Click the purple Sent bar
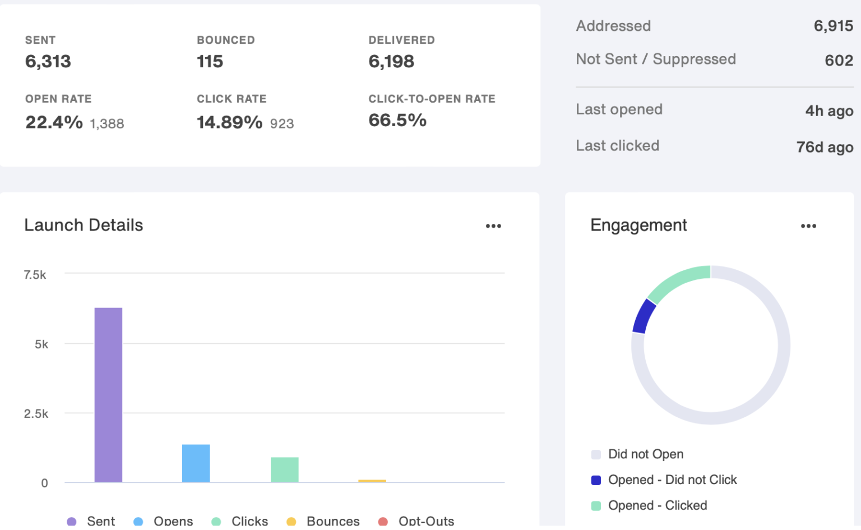108,395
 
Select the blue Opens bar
196,463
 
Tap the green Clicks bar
284,469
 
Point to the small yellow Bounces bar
372,481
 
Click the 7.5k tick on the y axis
35,275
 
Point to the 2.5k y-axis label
36,414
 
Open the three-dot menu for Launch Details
493,226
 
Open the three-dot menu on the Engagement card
808,226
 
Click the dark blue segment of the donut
644,316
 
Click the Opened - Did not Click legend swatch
596,480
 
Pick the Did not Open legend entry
637,454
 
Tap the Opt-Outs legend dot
383,522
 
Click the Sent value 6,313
48,62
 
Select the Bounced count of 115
210,62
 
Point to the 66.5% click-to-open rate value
397,121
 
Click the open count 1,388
107,124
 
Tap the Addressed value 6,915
834,26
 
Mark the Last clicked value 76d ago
825,147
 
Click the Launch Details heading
84,225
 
